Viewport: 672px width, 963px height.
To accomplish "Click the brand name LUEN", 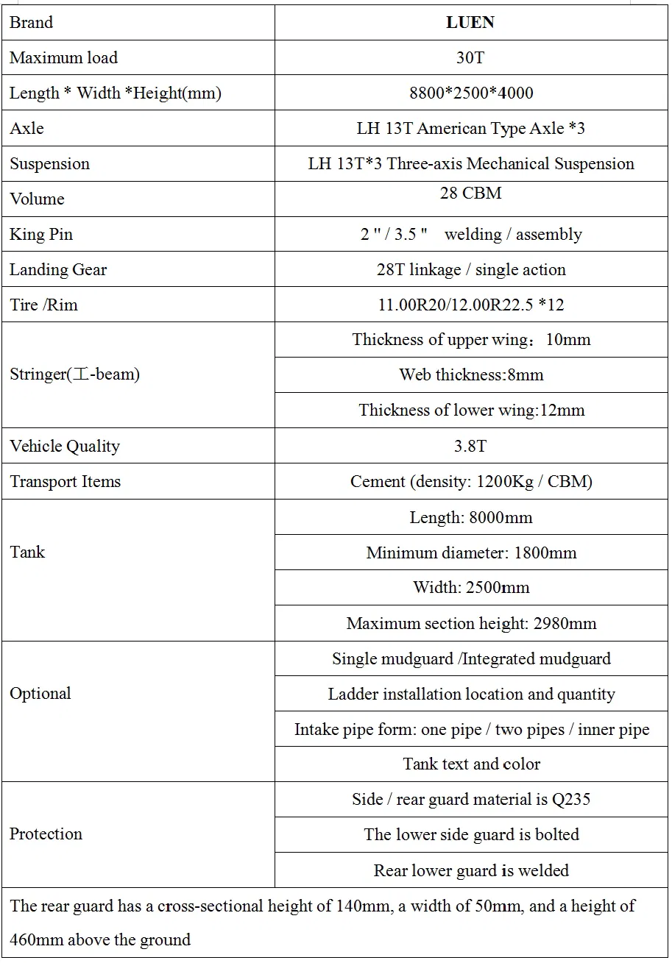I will pyautogui.click(x=470, y=23).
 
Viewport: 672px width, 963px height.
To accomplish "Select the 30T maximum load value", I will pyautogui.click(x=470, y=57).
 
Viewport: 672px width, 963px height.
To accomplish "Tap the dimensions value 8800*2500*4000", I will pyautogui.click(x=471, y=93).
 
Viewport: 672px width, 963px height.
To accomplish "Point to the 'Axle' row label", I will pyautogui.click(x=27, y=129).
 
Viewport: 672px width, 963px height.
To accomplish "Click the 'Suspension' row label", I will pyautogui.click(x=49, y=164).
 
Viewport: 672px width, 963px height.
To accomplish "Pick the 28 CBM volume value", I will pyautogui.click(x=470, y=193).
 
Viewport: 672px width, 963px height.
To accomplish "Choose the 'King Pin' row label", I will pyautogui.click(x=41, y=235).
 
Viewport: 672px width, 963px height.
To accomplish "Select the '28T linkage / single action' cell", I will pyautogui.click(x=471, y=270).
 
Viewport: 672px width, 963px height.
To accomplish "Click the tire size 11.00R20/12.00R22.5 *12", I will pyautogui.click(x=471, y=305).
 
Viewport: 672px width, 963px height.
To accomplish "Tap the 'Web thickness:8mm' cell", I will pyautogui.click(x=471, y=375).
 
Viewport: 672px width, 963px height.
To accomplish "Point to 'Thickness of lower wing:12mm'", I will pyautogui.click(x=471, y=411).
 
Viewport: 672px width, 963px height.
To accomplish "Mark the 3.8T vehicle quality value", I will pyautogui.click(x=470, y=447).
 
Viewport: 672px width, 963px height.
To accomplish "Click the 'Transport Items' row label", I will pyautogui.click(x=66, y=482).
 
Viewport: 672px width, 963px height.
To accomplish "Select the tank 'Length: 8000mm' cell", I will pyautogui.click(x=471, y=518).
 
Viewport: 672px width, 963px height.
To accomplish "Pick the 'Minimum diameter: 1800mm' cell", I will pyautogui.click(x=471, y=553).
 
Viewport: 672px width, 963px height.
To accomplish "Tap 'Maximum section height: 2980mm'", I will pyautogui.click(x=471, y=624).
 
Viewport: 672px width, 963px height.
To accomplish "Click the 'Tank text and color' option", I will pyautogui.click(x=471, y=764).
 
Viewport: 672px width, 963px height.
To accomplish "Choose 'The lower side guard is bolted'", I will pyautogui.click(x=471, y=835).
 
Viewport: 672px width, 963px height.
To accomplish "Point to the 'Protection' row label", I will pyautogui.click(x=46, y=834).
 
